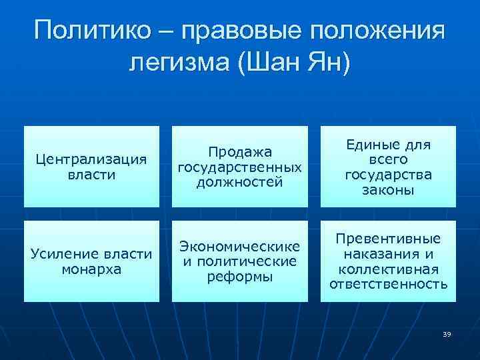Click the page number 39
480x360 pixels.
(x=447, y=334)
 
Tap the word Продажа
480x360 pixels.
(x=240, y=153)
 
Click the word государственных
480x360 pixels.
(x=240, y=167)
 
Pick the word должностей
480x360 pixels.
(x=240, y=181)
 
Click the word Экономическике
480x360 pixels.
(x=239, y=247)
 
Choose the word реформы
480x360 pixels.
(x=240, y=276)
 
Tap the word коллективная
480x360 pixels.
(x=387, y=269)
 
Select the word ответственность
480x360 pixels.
(x=387, y=284)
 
